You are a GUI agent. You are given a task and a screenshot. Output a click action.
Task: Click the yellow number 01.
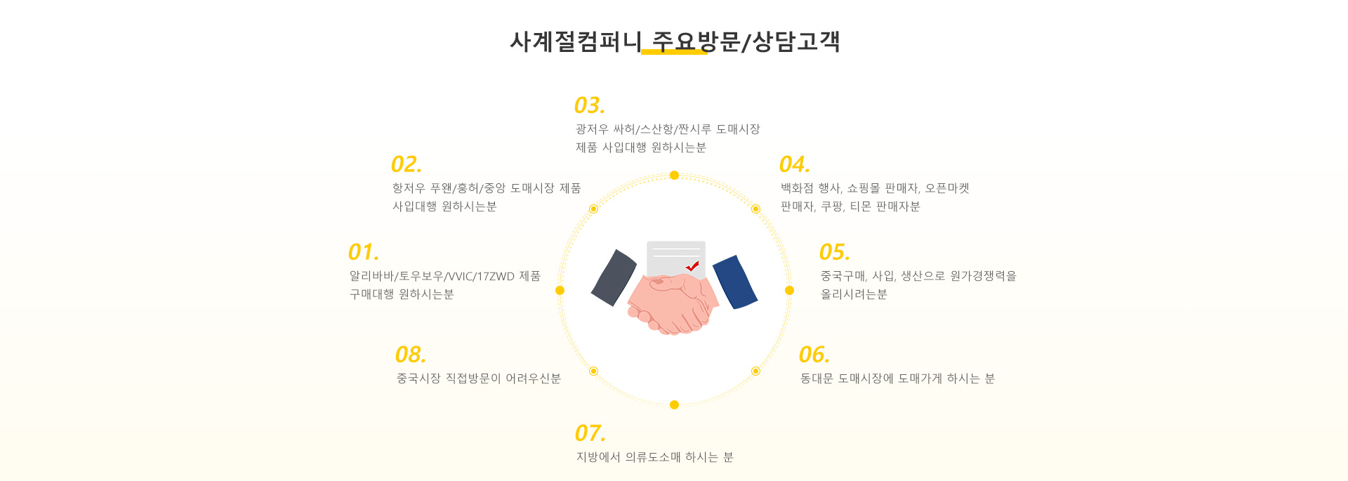pyautogui.click(x=364, y=251)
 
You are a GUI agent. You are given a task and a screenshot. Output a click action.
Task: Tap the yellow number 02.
pyautogui.click(x=407, y=164)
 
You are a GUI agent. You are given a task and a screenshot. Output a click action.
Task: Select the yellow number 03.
pyautogui.click(x=590, y=105)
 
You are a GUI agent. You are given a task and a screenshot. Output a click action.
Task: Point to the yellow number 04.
pyautogui.click(x=795, y=164)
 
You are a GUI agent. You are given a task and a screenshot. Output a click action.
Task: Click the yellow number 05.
pyautogui.click(x=835, y=251)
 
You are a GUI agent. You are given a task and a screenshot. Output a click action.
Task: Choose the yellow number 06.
pyautogui.click(x=814, y=354)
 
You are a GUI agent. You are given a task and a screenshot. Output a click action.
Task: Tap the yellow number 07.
pyautogui.click(x=590, y=433)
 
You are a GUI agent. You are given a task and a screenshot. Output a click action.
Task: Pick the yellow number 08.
pyautogui.click(x=411, y=354)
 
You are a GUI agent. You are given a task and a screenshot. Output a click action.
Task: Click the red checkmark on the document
pyautogui.click(x=692, y=266)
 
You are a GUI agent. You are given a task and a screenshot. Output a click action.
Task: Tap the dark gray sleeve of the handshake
pyautogui.click(x=614, y=277)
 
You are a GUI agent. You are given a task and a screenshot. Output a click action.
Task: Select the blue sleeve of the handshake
pyautogui.click(x=735, y=282)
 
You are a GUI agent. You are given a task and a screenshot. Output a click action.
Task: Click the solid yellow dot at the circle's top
pyautogui.click(x=674, y=175)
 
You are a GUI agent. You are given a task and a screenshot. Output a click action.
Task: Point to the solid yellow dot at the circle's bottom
pyautogui.click(x=674, y=404)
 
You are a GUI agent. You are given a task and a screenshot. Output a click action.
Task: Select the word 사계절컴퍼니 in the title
pyautogui.click(x=576, y=41)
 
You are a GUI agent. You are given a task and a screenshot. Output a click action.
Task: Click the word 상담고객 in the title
pyautogui.click(x=796, y=41)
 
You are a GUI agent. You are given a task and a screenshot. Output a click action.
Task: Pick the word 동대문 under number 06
pyautogui.click(x=817, y=378)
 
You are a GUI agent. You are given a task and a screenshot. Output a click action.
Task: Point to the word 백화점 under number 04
pyautogui.click(x=797, y=188)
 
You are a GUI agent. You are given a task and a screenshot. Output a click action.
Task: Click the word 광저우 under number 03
pyautogui.click(x=592, y=129)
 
